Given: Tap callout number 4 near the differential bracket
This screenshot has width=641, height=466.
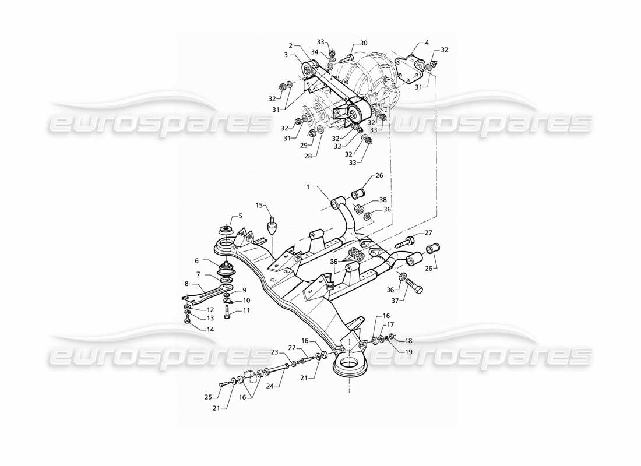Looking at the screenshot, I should click(x=427, y=43).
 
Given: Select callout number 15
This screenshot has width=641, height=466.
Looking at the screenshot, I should click(x=260, y=206).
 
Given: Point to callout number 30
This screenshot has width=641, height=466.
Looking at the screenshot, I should click(x=364, y=43).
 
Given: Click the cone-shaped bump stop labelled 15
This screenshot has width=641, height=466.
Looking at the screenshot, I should click(x=272, y=227).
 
